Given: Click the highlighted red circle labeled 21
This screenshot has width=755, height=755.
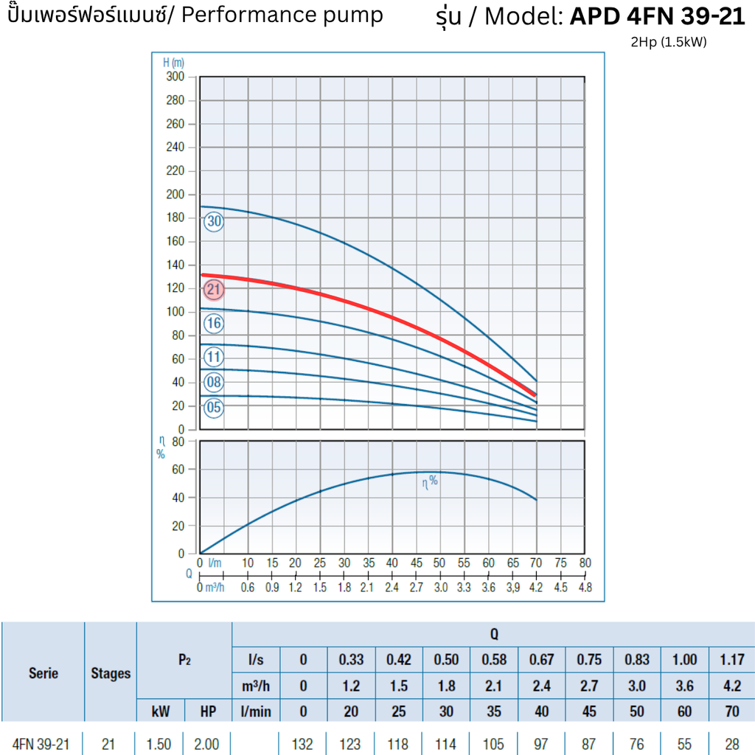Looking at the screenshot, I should [x=214, y=290].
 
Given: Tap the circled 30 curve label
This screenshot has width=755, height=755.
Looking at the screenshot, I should [x=214, y=221].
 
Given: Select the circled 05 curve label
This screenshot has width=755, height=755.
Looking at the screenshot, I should [x=214, y=407].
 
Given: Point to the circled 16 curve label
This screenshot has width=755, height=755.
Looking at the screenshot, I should [x=214, y=323].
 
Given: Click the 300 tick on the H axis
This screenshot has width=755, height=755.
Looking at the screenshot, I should [x=175, y=77].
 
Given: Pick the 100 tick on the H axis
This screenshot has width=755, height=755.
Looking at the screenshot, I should [x=175, y=312].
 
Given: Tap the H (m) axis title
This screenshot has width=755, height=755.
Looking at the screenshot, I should [x=173, y=63].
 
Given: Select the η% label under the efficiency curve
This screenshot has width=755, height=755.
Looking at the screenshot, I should [x=429, y=482].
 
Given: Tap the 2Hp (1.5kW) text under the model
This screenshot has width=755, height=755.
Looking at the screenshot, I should [x=669, y=42].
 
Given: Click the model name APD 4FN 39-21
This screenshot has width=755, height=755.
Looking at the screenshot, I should [x=658, y=16].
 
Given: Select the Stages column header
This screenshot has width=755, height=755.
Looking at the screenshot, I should [x=111, y=673].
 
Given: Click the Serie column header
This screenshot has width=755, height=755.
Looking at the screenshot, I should [x=43, y=673].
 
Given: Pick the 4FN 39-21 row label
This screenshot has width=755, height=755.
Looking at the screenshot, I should [x=41, y=744].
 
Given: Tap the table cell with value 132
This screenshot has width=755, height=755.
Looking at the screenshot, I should [x=303, y=744].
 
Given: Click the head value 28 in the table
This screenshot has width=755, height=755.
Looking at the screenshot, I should [x=731, y=744].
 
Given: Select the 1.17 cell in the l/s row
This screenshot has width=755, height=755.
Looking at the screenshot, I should [x=731, y=659].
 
